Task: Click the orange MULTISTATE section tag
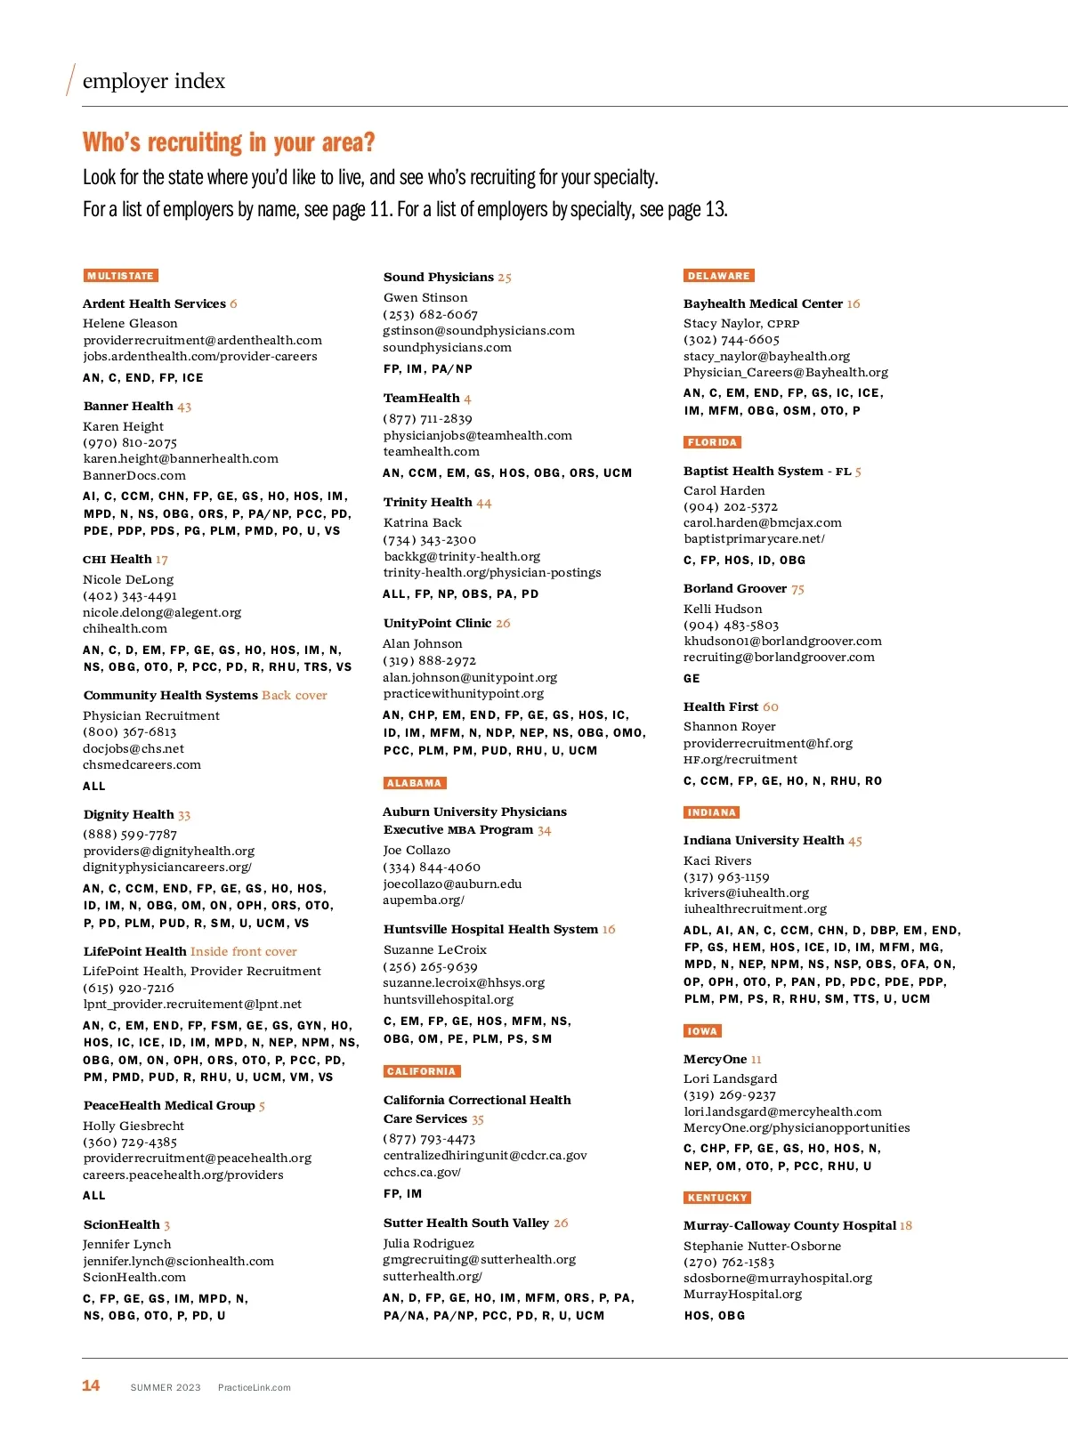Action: [121, 276]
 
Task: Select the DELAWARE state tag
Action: [719, 276]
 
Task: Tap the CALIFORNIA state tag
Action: [422, 1071]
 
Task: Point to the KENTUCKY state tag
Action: [717, 1198]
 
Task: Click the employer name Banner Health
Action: [128, 406]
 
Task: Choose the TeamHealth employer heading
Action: [421, 398]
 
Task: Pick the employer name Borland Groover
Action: [735, 588]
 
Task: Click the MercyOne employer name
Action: [715, 1059]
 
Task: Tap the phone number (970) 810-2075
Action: [130, 442]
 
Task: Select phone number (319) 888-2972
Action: [430, 660]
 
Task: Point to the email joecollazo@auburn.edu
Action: [452, 884]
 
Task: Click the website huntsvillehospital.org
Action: [449, 999]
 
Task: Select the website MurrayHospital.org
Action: [742, 1294]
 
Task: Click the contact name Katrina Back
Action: [423, 522]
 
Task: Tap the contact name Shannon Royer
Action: [730, 726]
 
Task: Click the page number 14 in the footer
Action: [91, 1385]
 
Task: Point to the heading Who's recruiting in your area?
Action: [229, 142]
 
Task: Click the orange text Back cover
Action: [295, 695]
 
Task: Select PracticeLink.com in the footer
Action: [255, 1387]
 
